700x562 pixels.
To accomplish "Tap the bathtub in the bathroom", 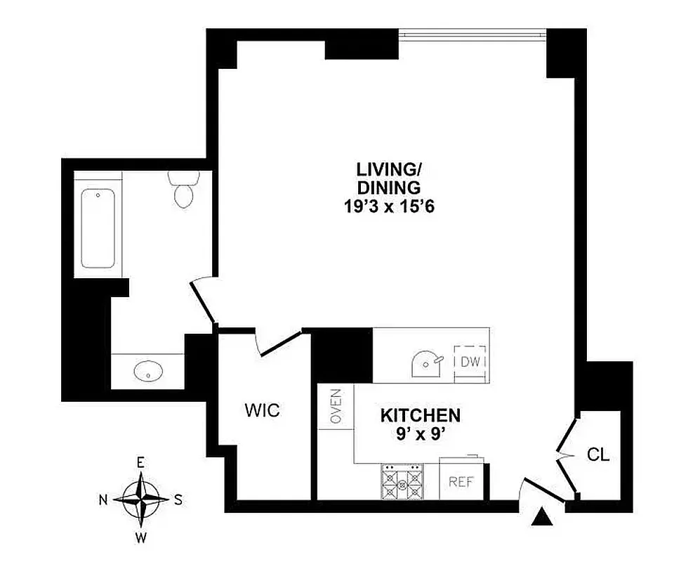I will coord(98,228).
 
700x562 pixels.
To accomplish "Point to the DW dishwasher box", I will coord(470,362).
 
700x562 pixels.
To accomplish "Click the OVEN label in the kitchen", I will coord(336,407).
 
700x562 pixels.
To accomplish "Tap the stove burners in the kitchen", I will coord(402,481).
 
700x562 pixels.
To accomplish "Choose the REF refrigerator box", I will coord(461,483).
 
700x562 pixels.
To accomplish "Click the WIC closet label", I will coord(262,410).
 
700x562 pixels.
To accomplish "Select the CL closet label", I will coord(597,455).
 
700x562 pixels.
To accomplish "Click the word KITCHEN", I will coord(420,415).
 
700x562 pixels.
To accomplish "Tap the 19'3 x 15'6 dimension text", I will coord(388,207).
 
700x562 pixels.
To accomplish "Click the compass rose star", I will coord(141,500).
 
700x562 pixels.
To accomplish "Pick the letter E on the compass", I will coord(140,462).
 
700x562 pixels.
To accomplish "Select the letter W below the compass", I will coord(141,539).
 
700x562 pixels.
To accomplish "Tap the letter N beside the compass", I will coord(103,500).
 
